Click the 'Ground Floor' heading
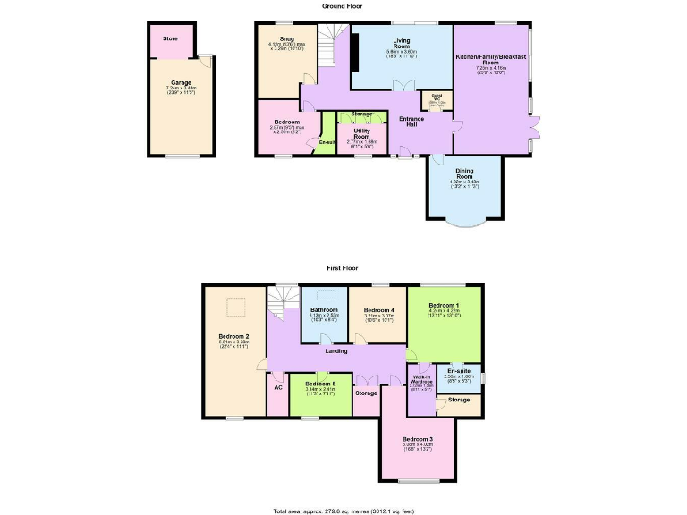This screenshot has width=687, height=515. pyautogui.click(x=343, y=5)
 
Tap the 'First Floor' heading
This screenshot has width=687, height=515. pyautogui.click(x=343, y=267)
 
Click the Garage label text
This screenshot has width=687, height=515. pyautogui.click(x=181, y=83)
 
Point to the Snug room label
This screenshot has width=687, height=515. pyautogui.click(x=286, y=39)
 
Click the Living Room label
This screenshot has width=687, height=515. pyautogui.click(x=402, y=42)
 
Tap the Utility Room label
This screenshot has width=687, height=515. pyautogui.click(x=361, y=133)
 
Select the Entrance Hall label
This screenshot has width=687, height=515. pyautogui.click(x=411, y=121)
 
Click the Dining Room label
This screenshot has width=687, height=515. pyautogui.click(x=463, y=175)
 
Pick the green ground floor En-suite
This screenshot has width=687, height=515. pyautogui.click(x=326, y=141)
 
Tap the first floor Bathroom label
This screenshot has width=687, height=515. pyautogui.click(x=324, y=310)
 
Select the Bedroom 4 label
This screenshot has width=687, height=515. pyautogui.click(x=379, y=310)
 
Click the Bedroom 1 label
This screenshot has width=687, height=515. pyautogui.click(x=444, y=306)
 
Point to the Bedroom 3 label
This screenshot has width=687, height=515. pyautogui.click(x=418, y=439)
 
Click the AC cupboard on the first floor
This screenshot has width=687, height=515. pyautogui.click(x=278, y=388)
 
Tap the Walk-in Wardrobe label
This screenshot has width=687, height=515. pyautogui.click(x=422, y=379)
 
